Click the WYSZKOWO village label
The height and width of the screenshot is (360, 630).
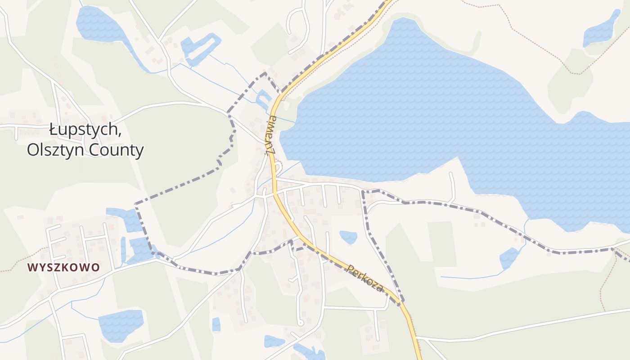[63, 267]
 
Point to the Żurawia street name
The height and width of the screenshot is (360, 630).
[271, 135]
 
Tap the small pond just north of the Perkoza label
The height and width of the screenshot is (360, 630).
[348, 237]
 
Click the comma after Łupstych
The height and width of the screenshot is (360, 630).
[120, 134]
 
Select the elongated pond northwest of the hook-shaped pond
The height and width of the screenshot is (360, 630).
[101, 27]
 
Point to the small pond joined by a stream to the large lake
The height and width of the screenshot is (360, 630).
[509, 258]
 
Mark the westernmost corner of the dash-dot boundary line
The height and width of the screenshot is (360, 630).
[135, 204]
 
